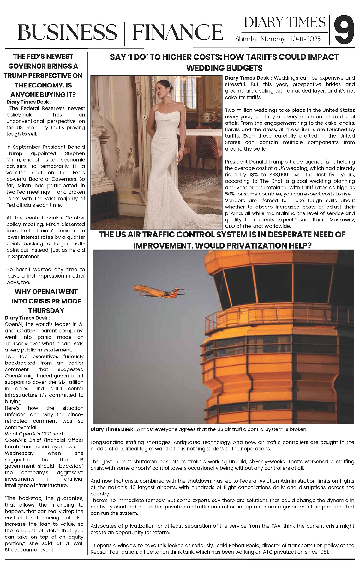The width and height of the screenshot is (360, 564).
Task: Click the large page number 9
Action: point(345,31)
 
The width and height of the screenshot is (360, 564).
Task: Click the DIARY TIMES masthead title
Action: point(285,22)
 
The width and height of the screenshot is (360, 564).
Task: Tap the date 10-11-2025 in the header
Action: point(305,39)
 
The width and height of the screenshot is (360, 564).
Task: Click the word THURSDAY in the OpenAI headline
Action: point(46,310)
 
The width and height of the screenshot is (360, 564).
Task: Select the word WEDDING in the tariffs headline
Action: point(205,68)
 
